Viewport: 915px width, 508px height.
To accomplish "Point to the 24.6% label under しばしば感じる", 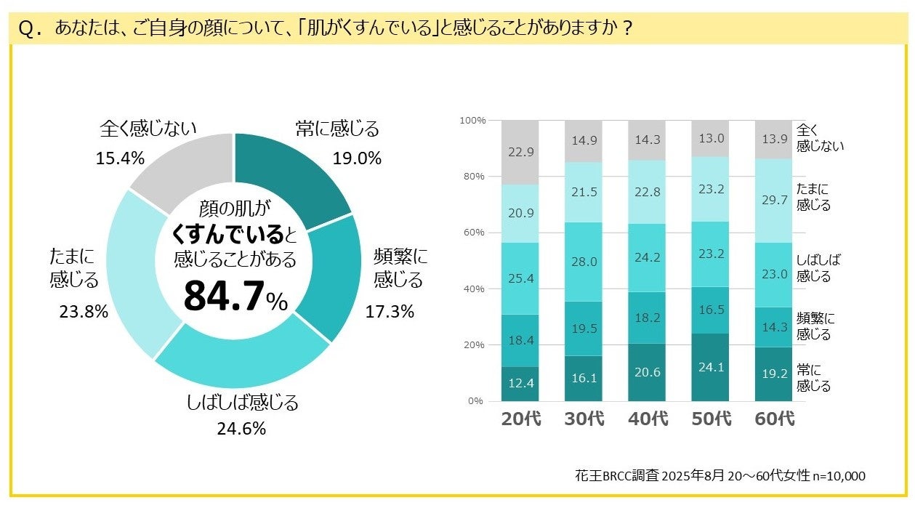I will click(241, 429).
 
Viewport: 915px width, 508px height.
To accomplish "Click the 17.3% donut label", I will click(390, 312).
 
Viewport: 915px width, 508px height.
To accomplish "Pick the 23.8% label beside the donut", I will click(84, 312).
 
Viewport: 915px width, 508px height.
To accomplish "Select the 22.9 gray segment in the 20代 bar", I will click(520, 152).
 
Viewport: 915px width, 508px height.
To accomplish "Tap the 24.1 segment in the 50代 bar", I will click(710, 367).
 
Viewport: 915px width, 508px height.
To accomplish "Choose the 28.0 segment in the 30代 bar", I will click(583, 262).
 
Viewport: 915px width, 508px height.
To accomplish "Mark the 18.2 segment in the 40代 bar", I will click(647, 318).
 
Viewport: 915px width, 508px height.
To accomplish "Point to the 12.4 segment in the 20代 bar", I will click(520, 383).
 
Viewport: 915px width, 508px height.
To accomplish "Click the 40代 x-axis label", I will click(647, 419).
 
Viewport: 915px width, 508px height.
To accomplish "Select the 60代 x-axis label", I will click(774, 419).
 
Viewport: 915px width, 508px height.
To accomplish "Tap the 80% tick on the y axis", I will click(474, 177).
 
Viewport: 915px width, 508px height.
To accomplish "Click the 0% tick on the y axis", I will click(477, 401).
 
